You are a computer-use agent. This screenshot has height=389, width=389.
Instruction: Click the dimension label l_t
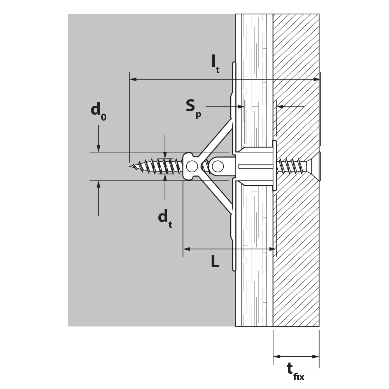215,65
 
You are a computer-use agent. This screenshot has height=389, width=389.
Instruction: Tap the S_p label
194,109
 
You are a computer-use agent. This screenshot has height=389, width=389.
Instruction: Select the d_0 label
98,111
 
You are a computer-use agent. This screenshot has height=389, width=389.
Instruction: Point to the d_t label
165,219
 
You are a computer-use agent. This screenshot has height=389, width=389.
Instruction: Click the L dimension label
215,261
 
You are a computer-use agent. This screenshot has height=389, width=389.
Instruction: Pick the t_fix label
295,371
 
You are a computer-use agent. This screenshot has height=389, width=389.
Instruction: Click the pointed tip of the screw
130,166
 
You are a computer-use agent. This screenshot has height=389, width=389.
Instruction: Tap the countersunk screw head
315,166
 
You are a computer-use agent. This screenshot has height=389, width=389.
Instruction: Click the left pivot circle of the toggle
192,166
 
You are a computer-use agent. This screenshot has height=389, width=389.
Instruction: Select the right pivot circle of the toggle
217,166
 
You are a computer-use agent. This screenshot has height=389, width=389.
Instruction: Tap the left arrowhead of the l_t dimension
133,79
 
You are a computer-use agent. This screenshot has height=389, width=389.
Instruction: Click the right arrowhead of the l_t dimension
316,79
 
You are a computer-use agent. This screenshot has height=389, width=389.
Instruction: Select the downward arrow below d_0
98,138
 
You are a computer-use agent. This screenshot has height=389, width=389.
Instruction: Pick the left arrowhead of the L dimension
187,249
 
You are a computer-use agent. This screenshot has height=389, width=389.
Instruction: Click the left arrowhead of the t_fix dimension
277,357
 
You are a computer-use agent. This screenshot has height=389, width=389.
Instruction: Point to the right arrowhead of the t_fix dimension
315,357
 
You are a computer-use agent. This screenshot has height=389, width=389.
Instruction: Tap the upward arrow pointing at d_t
165,187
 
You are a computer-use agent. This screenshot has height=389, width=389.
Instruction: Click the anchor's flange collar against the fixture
275,165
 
